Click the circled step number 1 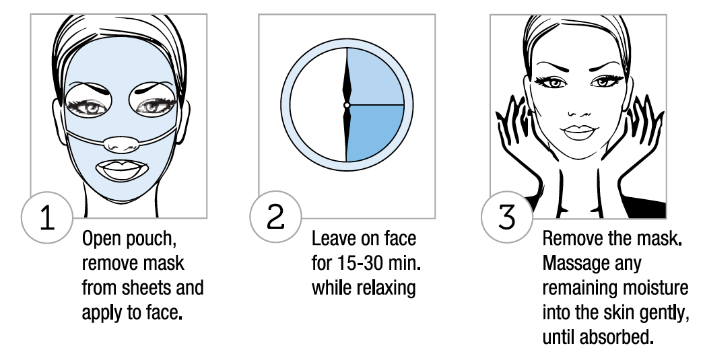pyautogui.click(x=47, y=217)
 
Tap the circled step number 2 pyautogui.click(x=275, y=216)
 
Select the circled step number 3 pyautogui.click(x=507, y=217)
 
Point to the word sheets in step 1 pyautogui.click(x=148, y=288)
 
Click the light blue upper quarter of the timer pyautogui.click(x=375, y=77)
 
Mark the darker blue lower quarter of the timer pyautogui.click(x=375, y=133)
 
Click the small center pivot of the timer pyautogui.click(x=347, y=105)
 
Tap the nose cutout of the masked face pyautogui.click(x=119, y=144)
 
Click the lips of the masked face pyautogui.click(x=122, y=170)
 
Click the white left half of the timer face pyautogui.click(x=318, y=105)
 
